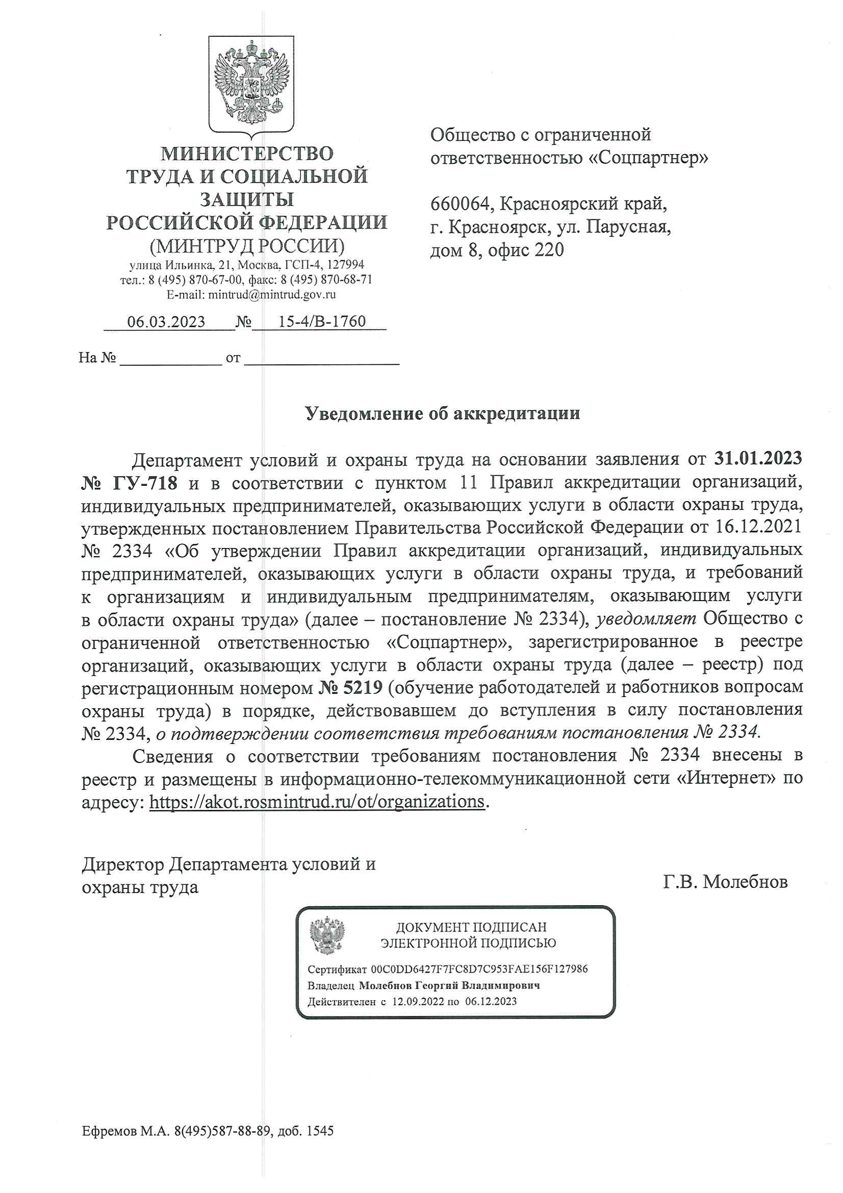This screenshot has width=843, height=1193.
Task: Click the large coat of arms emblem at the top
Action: [x=251, y=85]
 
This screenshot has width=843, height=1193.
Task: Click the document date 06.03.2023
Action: [x=166, y=321]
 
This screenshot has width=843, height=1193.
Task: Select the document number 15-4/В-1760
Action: [x=322, y=321]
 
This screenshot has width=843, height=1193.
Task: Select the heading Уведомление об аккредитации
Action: [x=442, y=413]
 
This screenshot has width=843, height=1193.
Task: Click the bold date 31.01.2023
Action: [x=758, y=458]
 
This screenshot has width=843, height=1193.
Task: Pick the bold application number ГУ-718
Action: [x=144, y=483]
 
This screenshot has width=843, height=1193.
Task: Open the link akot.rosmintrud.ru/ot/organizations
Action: [x=317, y=801]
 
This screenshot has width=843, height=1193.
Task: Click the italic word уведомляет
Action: [x=646, y=618]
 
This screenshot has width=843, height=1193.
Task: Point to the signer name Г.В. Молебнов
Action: [x=725, y=881]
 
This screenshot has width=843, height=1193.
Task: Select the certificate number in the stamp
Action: [x=479, y=969]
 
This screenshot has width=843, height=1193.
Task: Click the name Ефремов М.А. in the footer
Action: [x=125, y=1131]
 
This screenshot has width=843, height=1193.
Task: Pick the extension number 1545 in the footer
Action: [x=320, y=1131]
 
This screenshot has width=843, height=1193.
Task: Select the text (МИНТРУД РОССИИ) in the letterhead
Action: [x=247, y=245]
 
